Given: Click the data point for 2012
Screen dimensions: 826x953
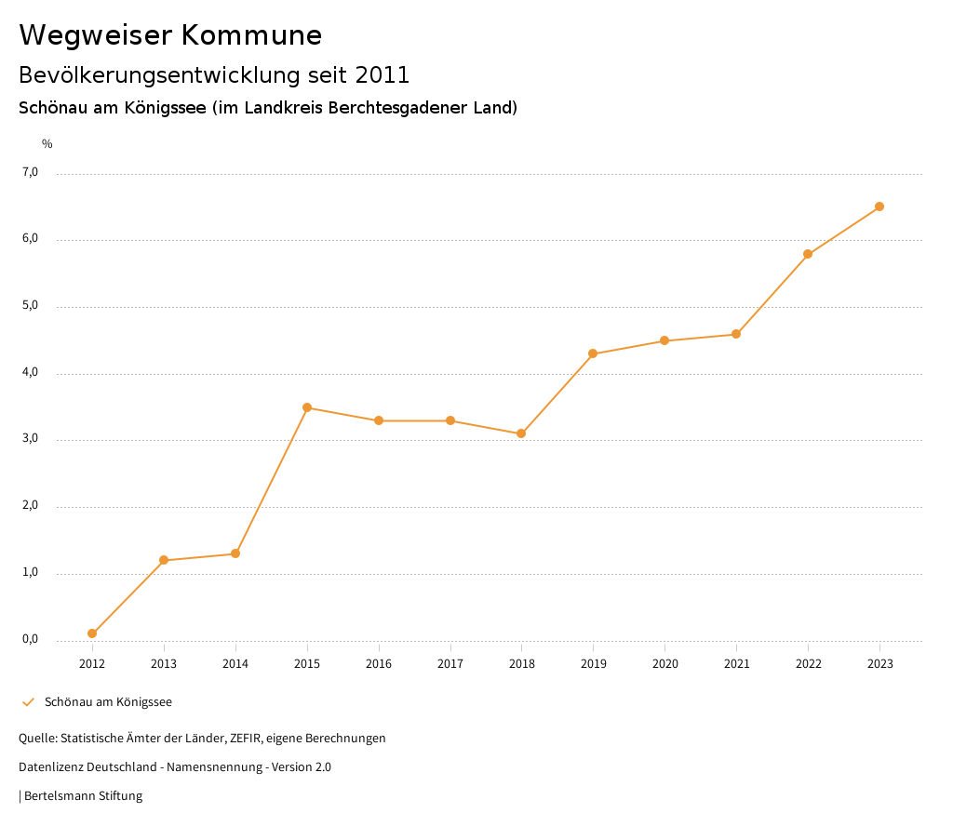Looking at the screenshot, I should (92, 633).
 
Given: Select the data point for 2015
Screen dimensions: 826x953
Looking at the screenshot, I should (307, 407).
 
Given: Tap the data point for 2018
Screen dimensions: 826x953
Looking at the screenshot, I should (521, 433).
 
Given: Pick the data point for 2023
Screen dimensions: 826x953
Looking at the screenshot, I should (879, 206).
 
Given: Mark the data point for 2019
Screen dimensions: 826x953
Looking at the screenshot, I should (593, 353).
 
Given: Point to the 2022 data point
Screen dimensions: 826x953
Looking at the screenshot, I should (808, 254).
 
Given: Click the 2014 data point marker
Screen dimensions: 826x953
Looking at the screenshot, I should (235, 553).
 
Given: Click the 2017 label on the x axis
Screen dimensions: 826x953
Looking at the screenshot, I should (450, 663).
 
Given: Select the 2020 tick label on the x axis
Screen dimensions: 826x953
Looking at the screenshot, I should (664, 663).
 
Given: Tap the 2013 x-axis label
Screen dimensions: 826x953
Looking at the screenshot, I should (164, 663).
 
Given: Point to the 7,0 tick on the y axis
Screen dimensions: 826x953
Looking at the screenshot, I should (32, 172).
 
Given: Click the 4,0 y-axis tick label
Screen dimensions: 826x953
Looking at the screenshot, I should (32, 372).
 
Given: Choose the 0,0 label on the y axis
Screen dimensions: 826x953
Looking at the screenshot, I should (32, 639).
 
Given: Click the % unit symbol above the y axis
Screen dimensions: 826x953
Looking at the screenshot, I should (47, 144).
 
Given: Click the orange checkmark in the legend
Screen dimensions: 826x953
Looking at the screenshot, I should (28, 702).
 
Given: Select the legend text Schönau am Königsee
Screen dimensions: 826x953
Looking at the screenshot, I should (108, 702).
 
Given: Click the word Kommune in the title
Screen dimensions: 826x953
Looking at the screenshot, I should (251, 35).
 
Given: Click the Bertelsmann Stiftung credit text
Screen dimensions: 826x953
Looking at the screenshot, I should (83, 796).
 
